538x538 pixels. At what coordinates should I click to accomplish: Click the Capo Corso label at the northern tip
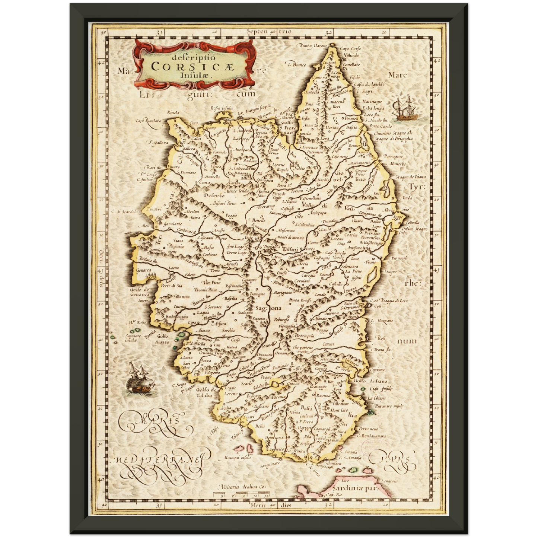coord(350,49)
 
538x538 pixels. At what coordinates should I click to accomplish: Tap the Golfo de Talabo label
coord(203,392)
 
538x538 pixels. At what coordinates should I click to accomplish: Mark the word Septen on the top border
coord(257,32)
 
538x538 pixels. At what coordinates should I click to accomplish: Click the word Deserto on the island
coord(214,195)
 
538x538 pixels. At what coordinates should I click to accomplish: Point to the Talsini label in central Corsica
coord(290,249)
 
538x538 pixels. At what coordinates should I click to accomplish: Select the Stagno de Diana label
coord(410,177)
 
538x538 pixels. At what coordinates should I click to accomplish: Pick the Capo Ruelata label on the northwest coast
coord(148,121)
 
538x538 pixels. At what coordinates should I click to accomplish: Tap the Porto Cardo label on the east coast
coord(380,126)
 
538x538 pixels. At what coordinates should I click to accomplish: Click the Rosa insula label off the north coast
coord(221,108)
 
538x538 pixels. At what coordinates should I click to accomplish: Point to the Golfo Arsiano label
coord(370,381)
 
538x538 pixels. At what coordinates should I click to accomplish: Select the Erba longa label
coord(373,108)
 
